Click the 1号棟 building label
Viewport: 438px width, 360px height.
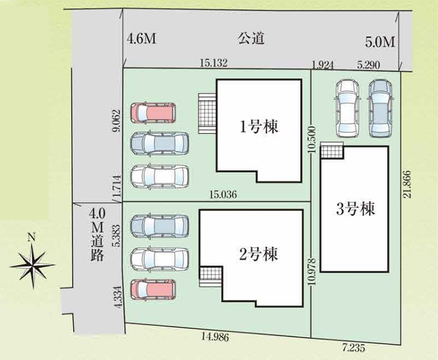tap(259, 128)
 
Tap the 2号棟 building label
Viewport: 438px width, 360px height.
tap(259, 254)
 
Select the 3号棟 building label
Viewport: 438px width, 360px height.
tap(356, 208)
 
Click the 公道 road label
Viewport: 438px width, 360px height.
tap(251, 39)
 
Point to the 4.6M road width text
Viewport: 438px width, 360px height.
tap(141, 39)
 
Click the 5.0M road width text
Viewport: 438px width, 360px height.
tap(380, 43)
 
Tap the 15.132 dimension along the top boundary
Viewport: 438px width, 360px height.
tap(214, 63)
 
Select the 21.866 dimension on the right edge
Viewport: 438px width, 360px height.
tap(407, 184)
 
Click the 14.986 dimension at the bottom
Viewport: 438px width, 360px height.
tap(215, 337)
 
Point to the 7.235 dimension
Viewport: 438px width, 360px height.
tap(353, 348)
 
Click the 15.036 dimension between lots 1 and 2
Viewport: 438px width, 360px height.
tap(223, 194)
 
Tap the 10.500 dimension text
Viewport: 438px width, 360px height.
tap(312, 139)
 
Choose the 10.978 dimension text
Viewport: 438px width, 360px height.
tap(312, 272)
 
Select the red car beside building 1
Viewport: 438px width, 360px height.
tap(153, 113)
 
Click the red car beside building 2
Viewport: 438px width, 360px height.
tap(153, 290)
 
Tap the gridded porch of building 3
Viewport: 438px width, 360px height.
tap(332, 150)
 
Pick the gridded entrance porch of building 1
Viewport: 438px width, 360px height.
tap(207, 114)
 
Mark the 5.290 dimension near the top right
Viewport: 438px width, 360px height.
tap(369, 65)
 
